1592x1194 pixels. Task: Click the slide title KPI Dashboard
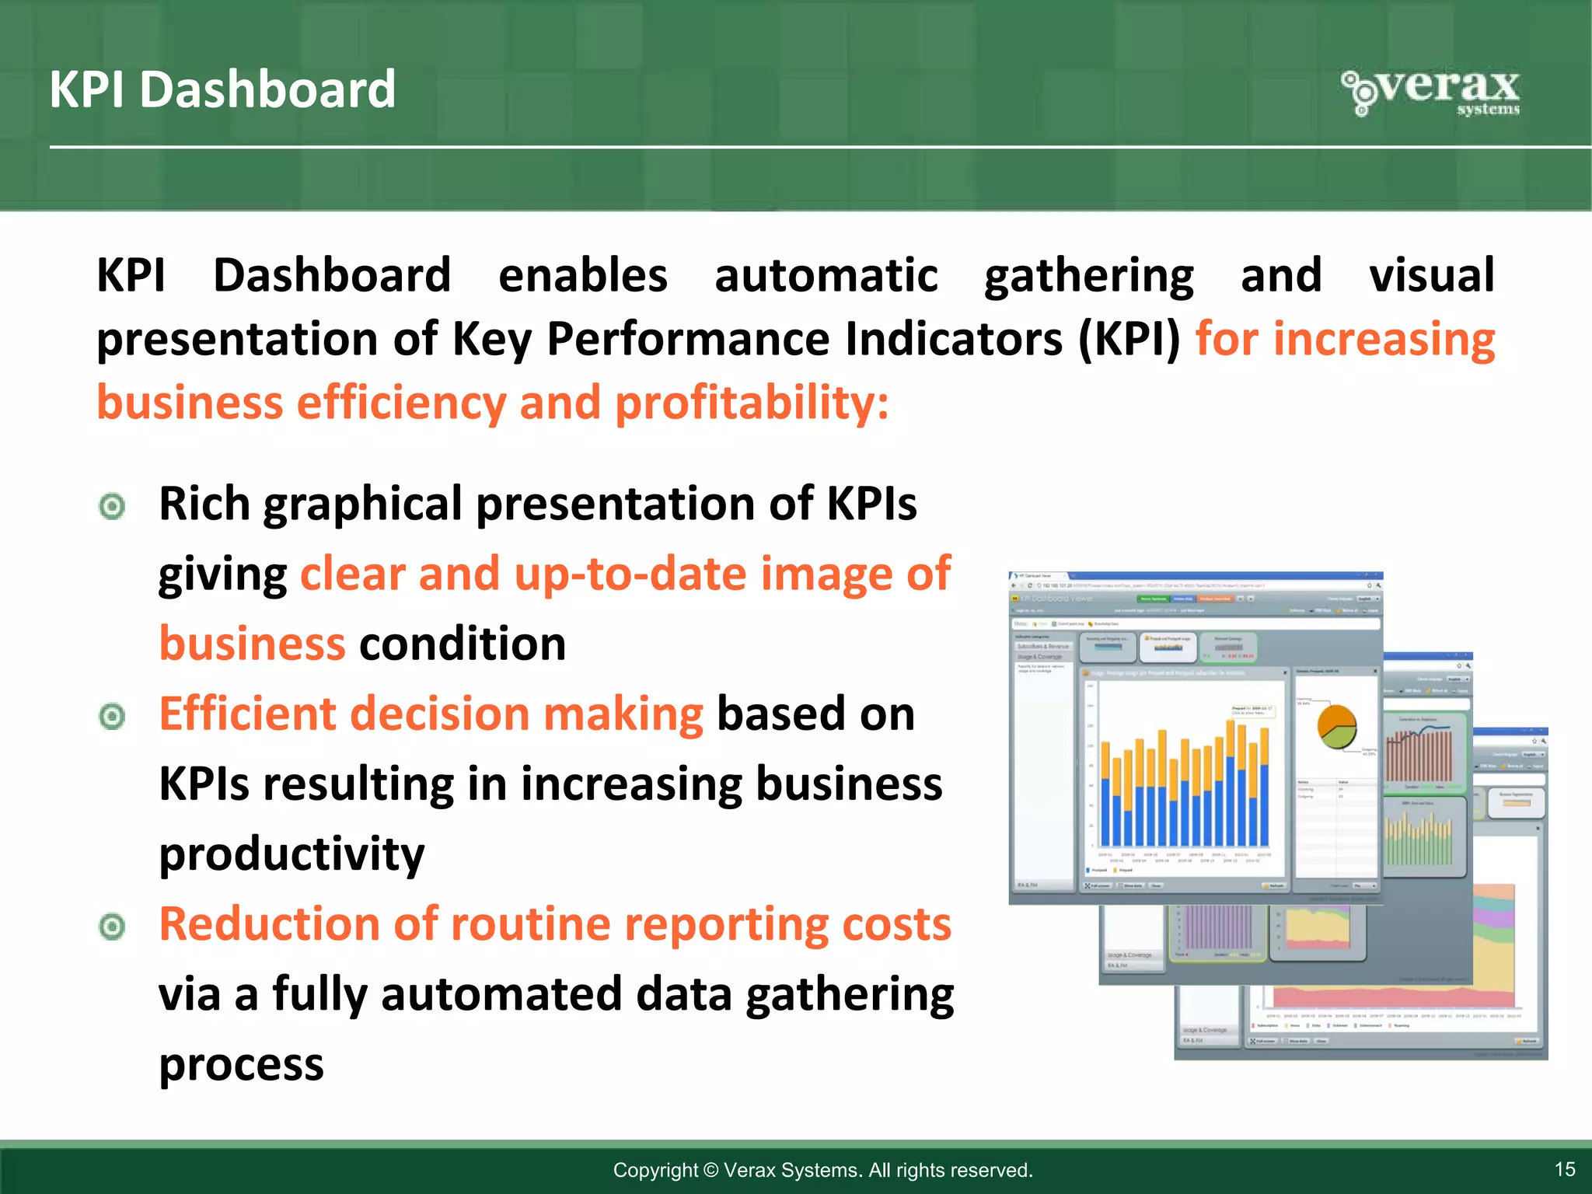point(222,89)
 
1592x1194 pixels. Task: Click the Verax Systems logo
point(1430,93)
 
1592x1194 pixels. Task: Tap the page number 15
point(1564,1169)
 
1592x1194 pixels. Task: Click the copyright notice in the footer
point(822,1170)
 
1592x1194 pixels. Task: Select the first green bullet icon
point(113,507)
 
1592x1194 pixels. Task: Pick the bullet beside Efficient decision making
point(113,716)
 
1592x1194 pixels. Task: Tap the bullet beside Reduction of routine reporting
point(113,927)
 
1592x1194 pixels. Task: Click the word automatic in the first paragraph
point(826,276)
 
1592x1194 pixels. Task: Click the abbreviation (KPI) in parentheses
point(1129,340)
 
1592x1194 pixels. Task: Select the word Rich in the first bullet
point(204,504)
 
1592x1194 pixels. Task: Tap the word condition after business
point(463,644)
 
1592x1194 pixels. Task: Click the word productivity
point(292,854)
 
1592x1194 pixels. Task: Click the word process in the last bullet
point(241,1063)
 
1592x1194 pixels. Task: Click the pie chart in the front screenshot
point(1336,727)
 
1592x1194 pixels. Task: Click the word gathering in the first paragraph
point(1088,276)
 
